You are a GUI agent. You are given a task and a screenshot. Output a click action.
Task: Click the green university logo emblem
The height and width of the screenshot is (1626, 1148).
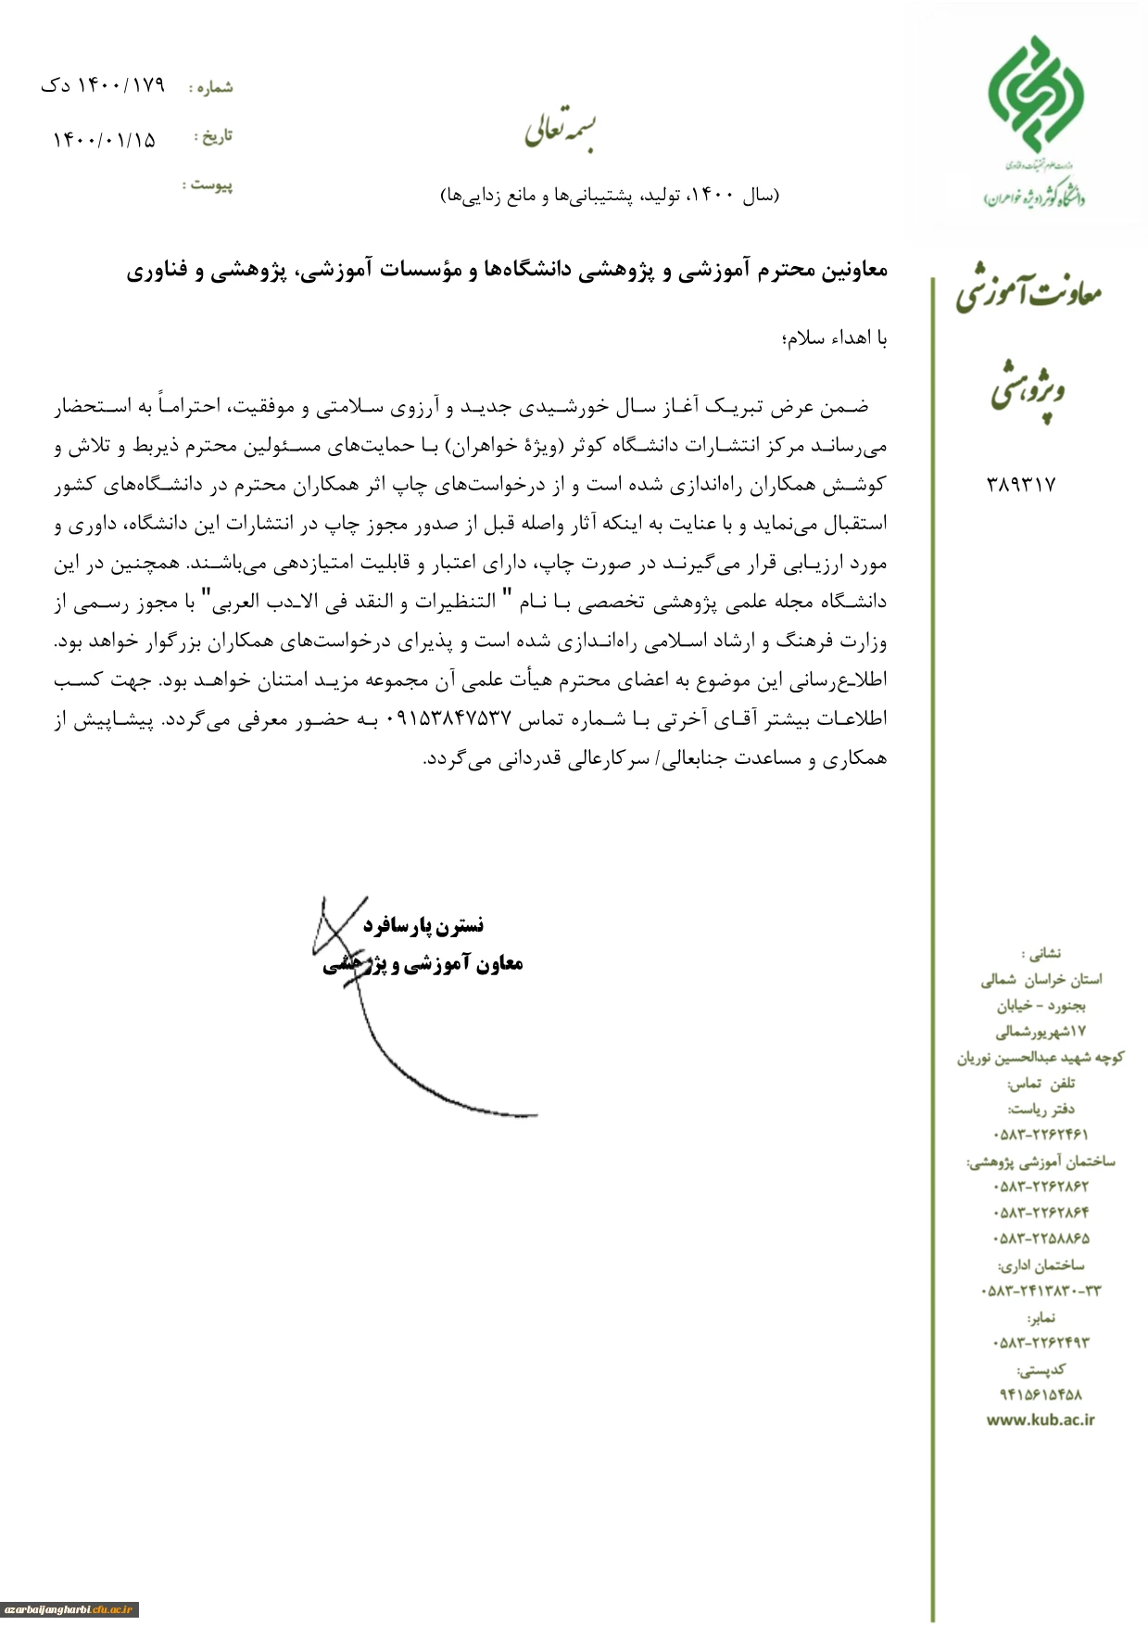(1035, 95)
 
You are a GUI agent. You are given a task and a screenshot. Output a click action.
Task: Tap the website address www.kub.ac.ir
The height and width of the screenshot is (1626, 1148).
(1040, 1419)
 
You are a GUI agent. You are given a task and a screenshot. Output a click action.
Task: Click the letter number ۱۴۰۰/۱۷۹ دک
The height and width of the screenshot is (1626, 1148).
(103, 86)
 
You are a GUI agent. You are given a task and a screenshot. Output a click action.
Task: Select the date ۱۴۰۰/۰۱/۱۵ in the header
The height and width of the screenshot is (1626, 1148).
(104, 140)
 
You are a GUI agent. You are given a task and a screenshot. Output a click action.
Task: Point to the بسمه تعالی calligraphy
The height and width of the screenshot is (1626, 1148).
(561, 131)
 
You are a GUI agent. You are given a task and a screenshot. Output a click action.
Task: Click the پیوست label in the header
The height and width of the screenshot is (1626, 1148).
(208, 184)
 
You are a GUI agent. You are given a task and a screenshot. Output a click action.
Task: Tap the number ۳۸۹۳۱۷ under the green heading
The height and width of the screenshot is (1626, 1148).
(1021, 484)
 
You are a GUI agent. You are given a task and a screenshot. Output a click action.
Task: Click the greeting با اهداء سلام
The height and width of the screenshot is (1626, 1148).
(835, 338)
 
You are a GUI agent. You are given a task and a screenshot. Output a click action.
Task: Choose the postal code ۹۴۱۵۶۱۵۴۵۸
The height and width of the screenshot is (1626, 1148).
(1041, 1394)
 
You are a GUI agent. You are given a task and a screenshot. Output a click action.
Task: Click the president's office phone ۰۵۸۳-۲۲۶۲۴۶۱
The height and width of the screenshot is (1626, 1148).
(1041, 1134)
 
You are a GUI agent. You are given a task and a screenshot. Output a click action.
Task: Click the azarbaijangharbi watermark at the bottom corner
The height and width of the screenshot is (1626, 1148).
(69, 1609)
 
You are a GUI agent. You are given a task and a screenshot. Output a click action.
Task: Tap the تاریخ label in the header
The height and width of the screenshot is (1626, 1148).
(214, 136)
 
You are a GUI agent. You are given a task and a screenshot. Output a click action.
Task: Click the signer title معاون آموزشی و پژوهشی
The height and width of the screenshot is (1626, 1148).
(424, 964)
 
